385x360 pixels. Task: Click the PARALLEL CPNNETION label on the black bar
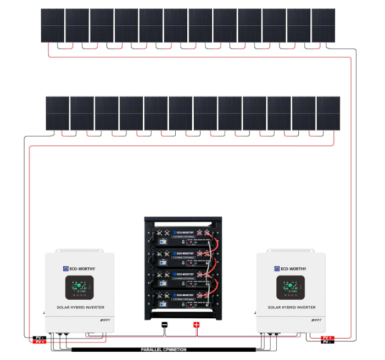pos(163,349)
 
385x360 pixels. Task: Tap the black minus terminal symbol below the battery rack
pos(164,325)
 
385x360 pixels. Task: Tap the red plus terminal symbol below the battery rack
pos(197,325)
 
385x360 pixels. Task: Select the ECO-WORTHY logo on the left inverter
pos(79,269)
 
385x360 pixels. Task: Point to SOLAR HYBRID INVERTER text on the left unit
pos(80,307)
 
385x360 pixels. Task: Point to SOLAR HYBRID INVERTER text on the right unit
pos(291,307)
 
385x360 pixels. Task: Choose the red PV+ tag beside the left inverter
pos(39,342)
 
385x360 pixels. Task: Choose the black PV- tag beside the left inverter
pos(39,337)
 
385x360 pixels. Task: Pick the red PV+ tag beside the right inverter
pos(327,337)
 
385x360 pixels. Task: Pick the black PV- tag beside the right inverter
pos(327,342)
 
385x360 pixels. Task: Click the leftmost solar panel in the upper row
pos(53,25)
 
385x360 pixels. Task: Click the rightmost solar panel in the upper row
pos(323,25)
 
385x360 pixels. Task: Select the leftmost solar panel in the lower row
pos(57,114)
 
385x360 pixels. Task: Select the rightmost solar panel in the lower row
pos(328,114)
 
